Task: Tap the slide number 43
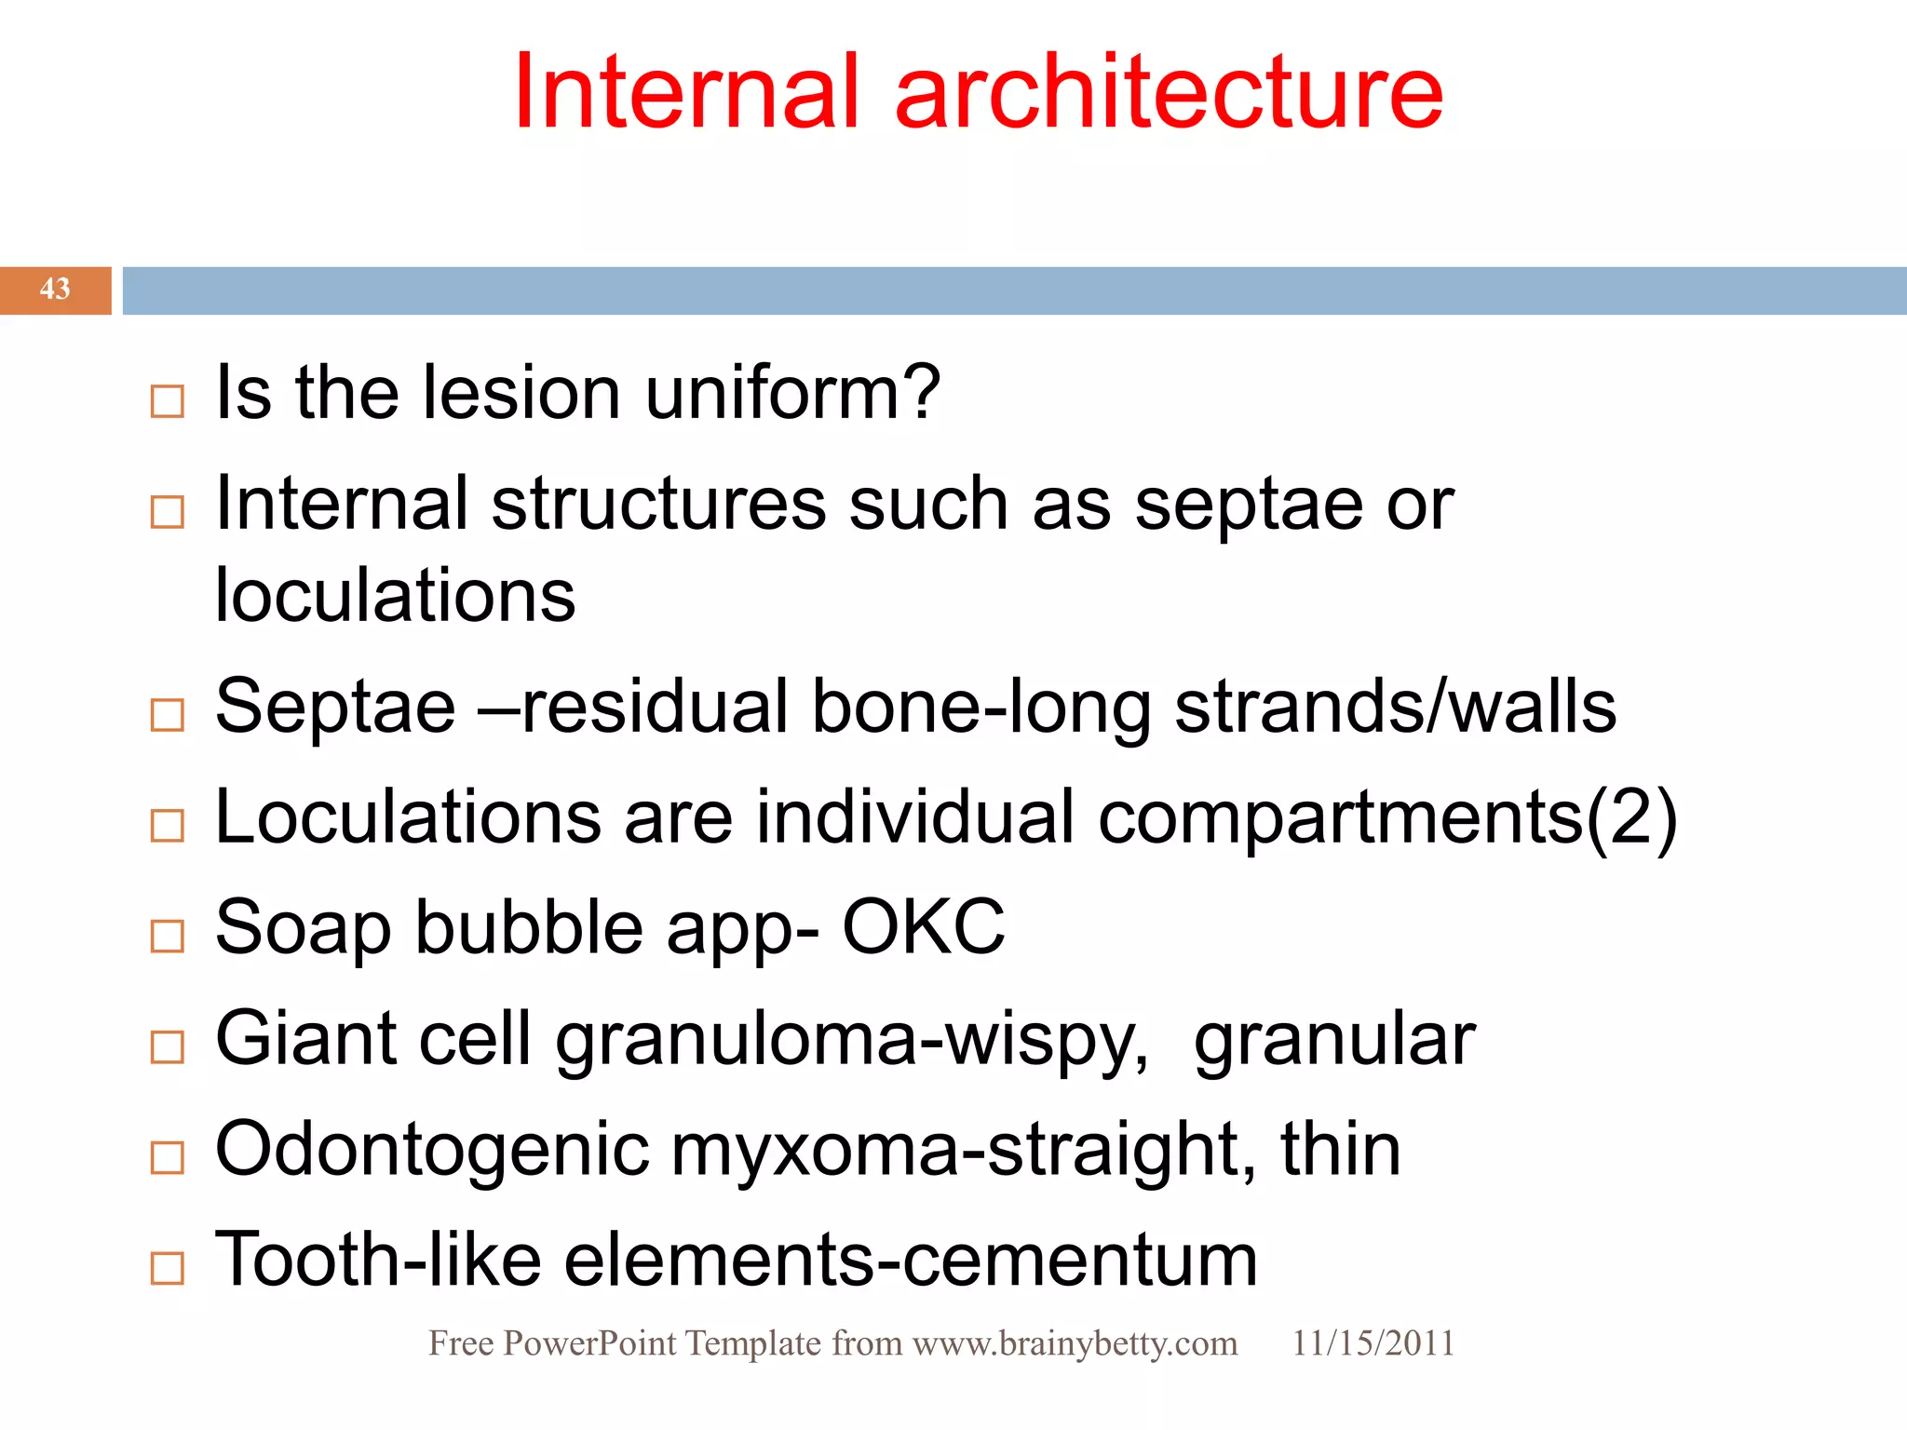pyautogui.click(x=55, y=290)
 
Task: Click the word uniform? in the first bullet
pyautogui.click(x=792, y=393)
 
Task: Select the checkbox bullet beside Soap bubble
pyautogui.click(x=168, y=936)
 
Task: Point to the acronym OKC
pyautogui.click(x=923, y=928)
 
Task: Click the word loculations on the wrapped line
pyautogui.click(x=395, y=596)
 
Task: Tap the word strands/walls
pyautogui.click(x=1395, y=708)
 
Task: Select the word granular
pyautogui.click(x=1334, y=1041)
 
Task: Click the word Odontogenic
pyautogui.click(x=432, y=1151)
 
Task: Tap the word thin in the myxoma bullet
pyautogui.click(x=1340, y=1150)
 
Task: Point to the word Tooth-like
pyautogui.click(x=378, y=1260)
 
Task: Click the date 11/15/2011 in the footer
pyautogui.click(x=1373, y=1343)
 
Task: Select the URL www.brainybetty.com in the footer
pyautogui.click(x=1075, y=1343)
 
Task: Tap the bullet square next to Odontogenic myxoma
pyautogui.click(x=168, y=1157)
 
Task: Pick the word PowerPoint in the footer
pyautogui.click(x=589, y=1343)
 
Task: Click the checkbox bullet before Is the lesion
pyautogui.click(x=168, y=401)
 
